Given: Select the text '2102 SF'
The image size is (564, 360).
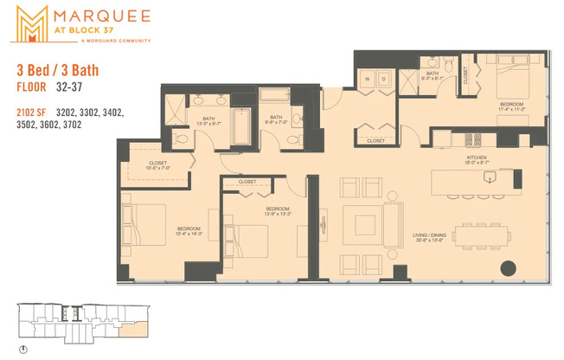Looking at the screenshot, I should pos(33,112).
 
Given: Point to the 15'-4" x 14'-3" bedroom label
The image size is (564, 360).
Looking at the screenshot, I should pos(189,230).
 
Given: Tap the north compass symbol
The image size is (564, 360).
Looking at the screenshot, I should pos(23,349).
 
